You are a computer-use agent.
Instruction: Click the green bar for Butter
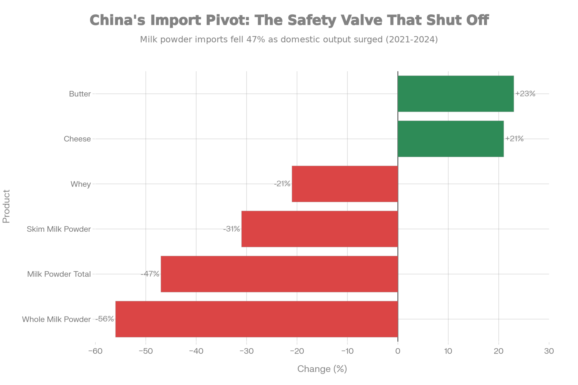pos(456,94)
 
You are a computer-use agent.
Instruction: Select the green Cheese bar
pos(451,139)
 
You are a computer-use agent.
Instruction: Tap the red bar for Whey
pos(345,184)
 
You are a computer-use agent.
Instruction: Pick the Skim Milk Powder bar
pos(320,229)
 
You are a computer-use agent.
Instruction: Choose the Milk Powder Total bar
pos(279,274)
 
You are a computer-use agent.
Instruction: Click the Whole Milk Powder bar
pos(257,319)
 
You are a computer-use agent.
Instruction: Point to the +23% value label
pos(525,94)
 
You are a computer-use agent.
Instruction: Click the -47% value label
pos(150,274)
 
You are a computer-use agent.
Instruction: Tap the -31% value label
pos(231,229)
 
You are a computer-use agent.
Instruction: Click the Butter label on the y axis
pos(80,94)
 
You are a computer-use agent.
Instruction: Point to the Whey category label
pos(81,184)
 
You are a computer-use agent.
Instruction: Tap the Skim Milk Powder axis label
pos(59,229)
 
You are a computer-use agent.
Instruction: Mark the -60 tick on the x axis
pos(95,351)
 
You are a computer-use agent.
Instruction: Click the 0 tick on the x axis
pos(398,351)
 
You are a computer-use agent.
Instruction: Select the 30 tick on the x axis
pos(549,351)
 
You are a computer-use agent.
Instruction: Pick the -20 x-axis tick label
pos(297,351)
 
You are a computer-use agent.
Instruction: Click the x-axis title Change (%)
pos(322,369)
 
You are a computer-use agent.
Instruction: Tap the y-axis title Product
pos(6,206)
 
